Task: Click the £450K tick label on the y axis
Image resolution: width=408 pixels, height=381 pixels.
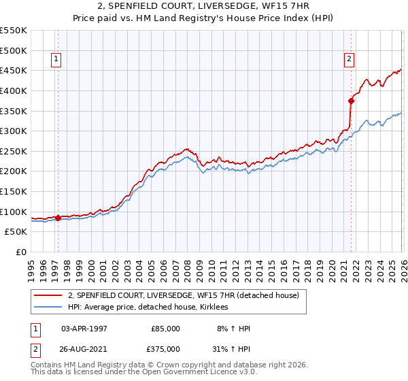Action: click(x=14, y=70)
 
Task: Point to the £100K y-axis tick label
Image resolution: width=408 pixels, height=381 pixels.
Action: click(x=14, y=212)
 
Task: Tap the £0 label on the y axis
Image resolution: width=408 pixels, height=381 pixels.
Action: click(x=21, y=252)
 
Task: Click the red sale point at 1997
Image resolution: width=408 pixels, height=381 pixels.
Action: click(x=58, y=218)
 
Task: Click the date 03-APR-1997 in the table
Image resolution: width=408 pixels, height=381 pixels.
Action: click(x=84, y=328)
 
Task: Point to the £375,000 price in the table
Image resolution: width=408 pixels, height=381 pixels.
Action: click(x=166, y=348)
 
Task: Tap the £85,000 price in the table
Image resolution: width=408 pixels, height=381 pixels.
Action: click(x=166, y=328)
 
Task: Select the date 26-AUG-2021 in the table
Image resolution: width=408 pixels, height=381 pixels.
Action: click(x=84, y=348)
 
